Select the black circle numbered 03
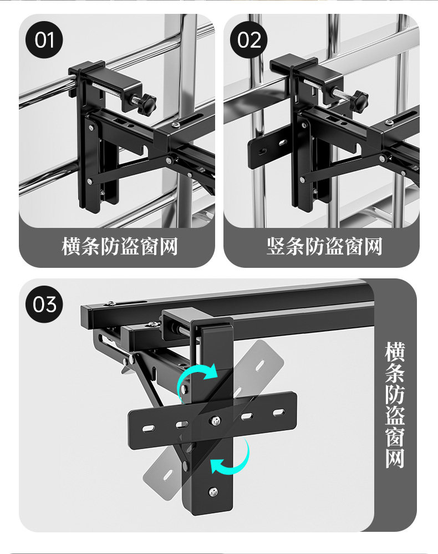[44, 304]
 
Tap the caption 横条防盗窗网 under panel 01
[120, 247]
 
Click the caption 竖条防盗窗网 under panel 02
[324, 247]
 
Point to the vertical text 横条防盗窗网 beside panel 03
[395, 405]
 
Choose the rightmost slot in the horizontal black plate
[279, 412]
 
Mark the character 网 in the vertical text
[395, 458]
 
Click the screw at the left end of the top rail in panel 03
[110, 304]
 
